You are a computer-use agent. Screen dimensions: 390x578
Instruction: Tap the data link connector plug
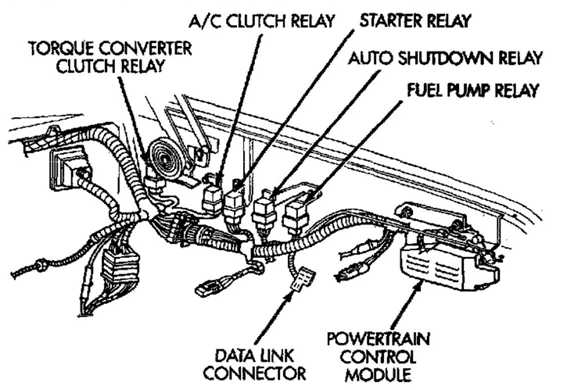pos(300,280)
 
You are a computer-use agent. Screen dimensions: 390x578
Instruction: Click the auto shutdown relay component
pos(267,209)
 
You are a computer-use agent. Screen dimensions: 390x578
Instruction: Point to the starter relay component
pos(235,202)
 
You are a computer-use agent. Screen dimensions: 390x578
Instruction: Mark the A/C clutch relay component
pos(212,195)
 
